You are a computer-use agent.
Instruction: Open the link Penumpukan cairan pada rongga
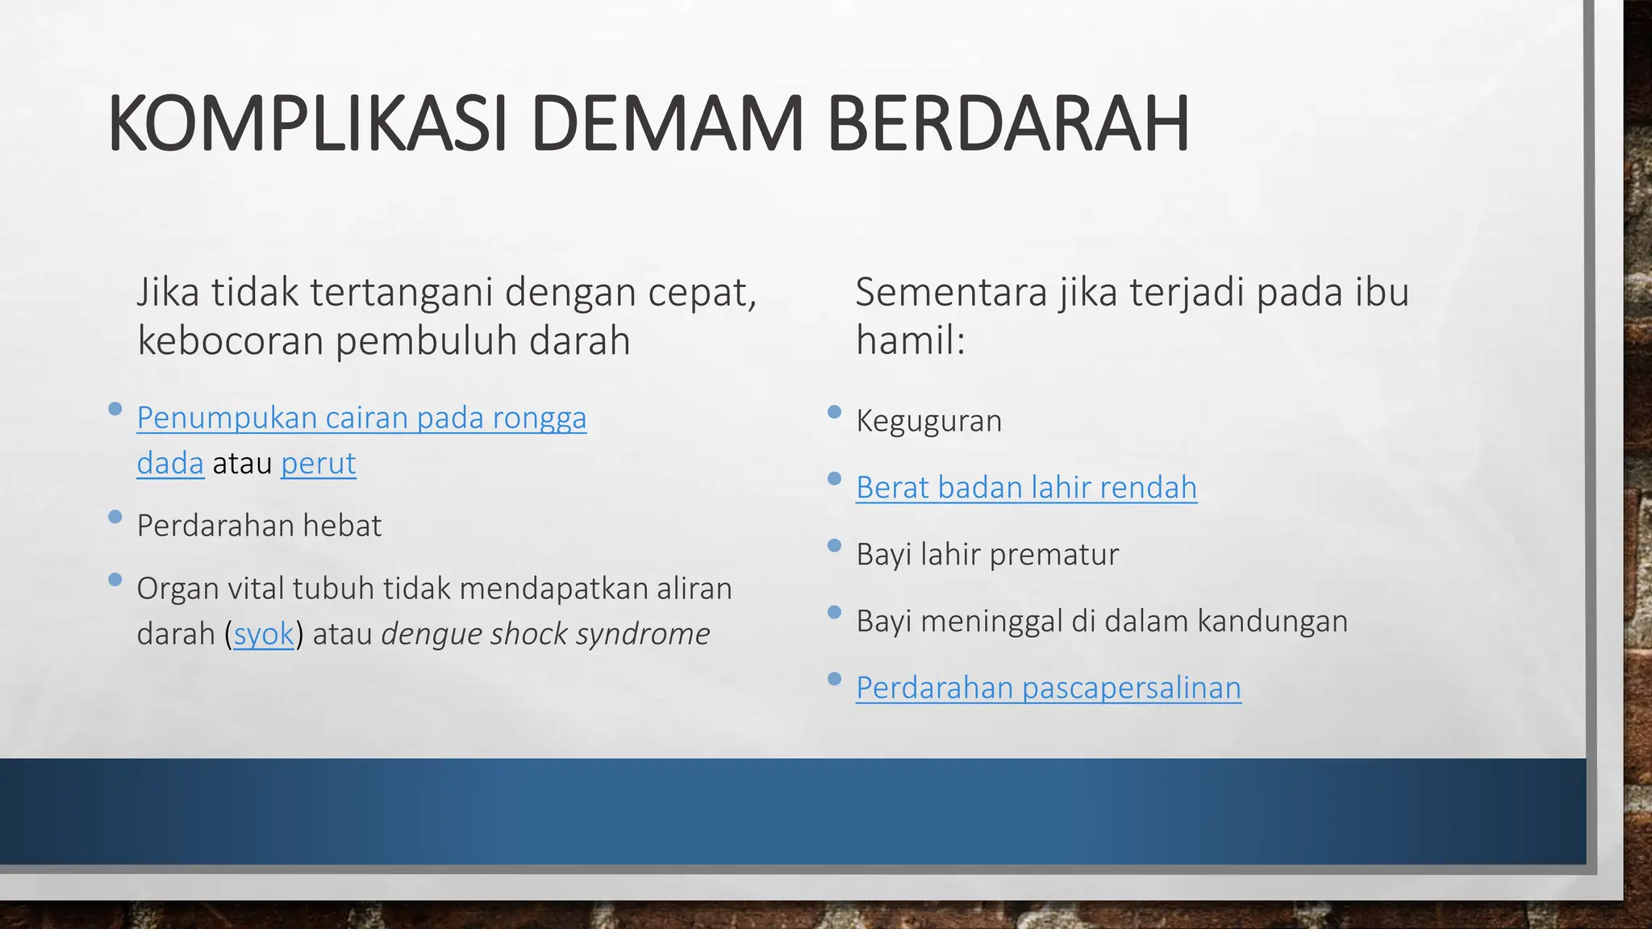click(361, 418)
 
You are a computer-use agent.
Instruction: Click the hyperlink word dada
click(170, 463)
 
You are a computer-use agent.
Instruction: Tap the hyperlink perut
click(318, 463)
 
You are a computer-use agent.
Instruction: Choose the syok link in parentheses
click(264, 634)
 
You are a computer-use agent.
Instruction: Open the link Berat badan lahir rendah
click(1026, 487)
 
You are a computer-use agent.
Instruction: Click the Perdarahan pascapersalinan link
click(1049, 688)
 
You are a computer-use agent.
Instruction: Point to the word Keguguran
click(928, 421)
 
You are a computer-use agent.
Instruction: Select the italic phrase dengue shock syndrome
click(545, 634)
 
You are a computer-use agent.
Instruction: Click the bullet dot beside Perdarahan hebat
click(115, 516)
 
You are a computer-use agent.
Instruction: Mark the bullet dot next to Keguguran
click(834, 412)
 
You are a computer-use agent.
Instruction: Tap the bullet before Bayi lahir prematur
click(834, 546)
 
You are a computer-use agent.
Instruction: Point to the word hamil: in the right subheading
click(910, 340)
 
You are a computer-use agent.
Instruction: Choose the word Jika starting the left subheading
click(168, 292)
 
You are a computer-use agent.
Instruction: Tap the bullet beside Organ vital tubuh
click(115, 579)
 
